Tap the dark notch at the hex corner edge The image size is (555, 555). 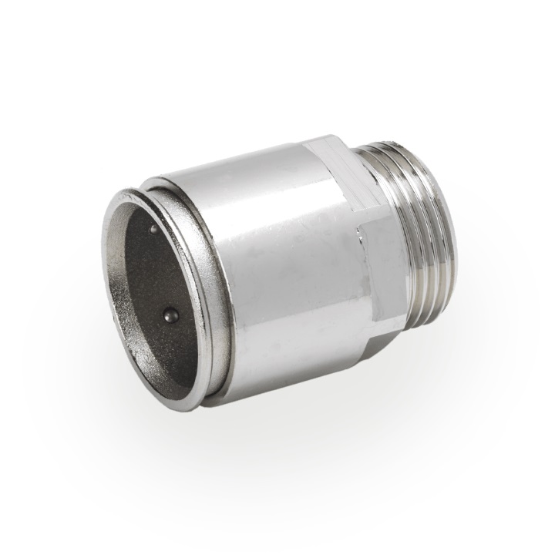361,231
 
